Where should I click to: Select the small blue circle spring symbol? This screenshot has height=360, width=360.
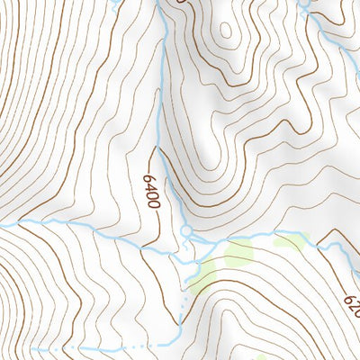tap(186, 232)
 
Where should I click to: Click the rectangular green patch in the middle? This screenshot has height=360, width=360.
tap(239, 255)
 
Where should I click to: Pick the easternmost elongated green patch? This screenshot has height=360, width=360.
tap(290, 239)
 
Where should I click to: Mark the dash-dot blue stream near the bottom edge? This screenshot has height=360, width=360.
tap(108, 346)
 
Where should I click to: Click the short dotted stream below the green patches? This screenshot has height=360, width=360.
tap(183, 306)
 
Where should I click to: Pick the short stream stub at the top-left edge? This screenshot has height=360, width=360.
tap(114, 3)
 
